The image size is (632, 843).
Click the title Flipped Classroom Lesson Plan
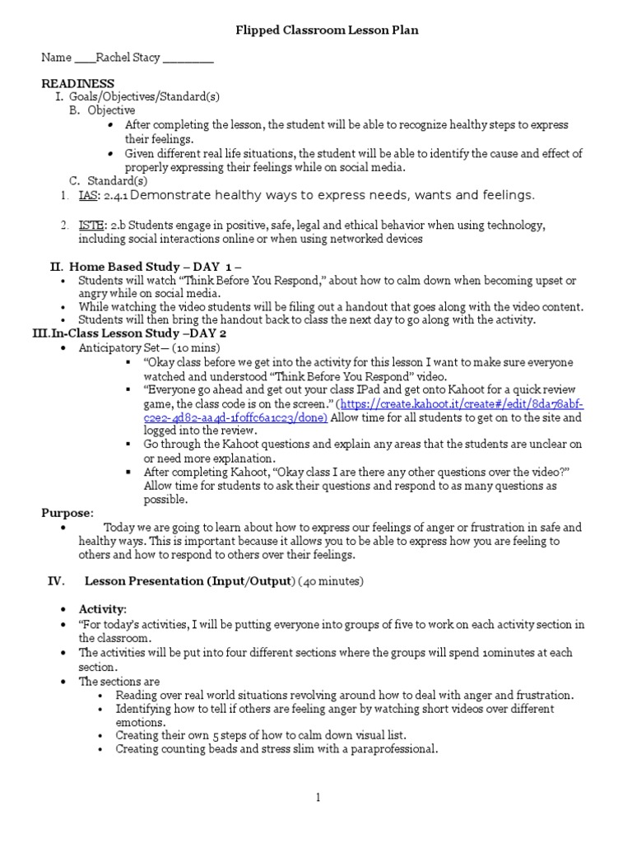point(316,30)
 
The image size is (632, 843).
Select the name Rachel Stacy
point(128,58)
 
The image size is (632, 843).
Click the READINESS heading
point(78,84)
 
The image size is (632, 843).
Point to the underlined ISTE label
point(91,226)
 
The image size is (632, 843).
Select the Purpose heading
point(67,513)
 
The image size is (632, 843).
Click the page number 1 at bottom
point(316,796)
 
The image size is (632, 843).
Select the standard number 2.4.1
point(114,195)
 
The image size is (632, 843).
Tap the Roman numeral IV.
point(56,581)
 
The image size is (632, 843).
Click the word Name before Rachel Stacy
point(58,58)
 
